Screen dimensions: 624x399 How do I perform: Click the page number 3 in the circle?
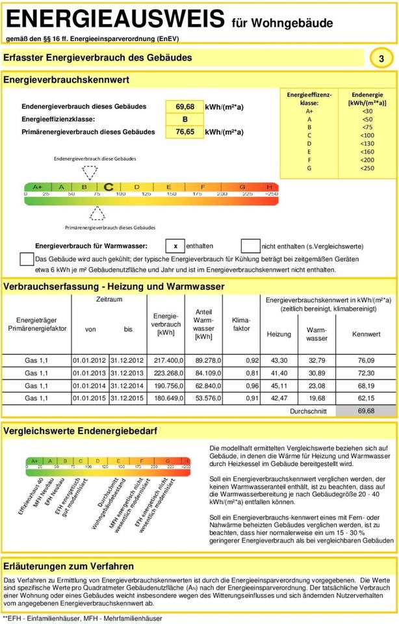pos(381,58)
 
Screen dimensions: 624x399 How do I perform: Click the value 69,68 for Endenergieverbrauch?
pos(185,107)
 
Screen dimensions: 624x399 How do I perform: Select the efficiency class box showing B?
pos(185,120)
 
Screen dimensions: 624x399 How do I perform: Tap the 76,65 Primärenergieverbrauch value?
pos(185,132)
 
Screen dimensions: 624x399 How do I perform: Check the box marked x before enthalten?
pos(175,246)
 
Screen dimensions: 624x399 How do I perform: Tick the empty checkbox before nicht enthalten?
pos(250,246)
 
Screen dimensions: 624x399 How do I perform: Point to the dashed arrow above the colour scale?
pos(90,173)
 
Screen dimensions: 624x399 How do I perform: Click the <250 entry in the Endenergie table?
pos(367,168)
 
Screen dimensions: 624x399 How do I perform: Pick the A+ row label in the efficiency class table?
pos(309,111)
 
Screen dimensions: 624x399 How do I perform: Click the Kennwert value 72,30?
pos(366,373)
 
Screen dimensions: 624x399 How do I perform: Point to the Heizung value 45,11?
pos(279,385)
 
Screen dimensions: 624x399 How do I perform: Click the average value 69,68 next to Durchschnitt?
pos(366,411)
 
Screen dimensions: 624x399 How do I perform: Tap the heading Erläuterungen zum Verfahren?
pos(69,566)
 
